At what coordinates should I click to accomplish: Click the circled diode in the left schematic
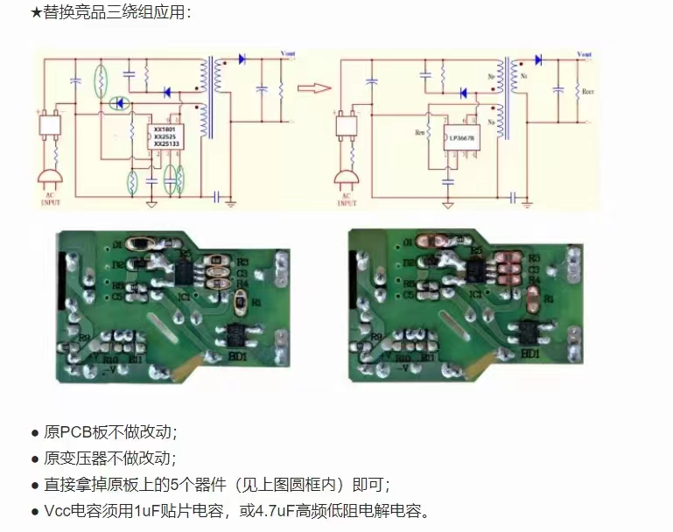point(119,103)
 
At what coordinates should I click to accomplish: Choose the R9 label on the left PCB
point(84,337)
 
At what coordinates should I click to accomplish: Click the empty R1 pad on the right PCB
point(533,299)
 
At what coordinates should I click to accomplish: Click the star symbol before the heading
point(36,12)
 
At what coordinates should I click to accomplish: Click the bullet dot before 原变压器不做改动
point(35,458)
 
